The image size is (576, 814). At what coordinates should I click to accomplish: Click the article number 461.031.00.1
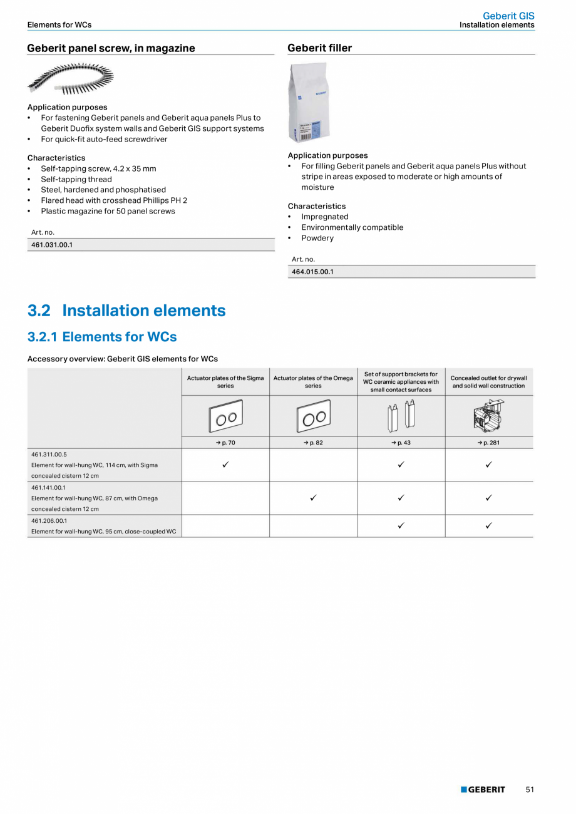tap(52, 245)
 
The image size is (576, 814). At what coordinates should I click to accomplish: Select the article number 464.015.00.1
tap(312, 272)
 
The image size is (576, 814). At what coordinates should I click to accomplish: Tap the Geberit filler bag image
tap(308, 103)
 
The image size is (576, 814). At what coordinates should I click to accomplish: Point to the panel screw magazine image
tap(70, 79)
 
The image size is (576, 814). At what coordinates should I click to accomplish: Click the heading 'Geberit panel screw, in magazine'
tap(111, 48)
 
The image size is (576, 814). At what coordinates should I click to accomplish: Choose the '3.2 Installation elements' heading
tap(126, 311)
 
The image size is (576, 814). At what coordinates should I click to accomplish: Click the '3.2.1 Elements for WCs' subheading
tap(102, 337)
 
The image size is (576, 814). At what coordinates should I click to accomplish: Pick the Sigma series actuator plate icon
tap(225, 416)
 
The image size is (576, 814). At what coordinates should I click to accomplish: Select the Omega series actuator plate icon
tap(313, 416)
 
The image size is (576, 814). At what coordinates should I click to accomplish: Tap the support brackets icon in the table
tap(401, 416)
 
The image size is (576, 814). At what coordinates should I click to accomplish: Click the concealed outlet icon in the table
tap(488, 416)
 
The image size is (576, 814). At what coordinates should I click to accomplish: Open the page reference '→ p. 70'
tap(225, 443)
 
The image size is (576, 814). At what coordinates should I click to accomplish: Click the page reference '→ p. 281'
tap(488, 443)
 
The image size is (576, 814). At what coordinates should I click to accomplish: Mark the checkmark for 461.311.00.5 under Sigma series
tap(225, 465)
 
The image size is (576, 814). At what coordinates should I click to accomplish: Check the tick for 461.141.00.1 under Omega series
tap(313, 498)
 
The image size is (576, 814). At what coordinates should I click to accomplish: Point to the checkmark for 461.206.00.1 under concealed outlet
tap(488, 525)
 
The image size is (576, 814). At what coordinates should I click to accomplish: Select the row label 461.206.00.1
tap(49, 520)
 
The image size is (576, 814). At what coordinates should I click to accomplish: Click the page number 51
tap(530, 790)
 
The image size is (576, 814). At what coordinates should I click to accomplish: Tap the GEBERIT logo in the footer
tap(483, 790)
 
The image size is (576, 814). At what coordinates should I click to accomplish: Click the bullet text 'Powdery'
tap(317, 238)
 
